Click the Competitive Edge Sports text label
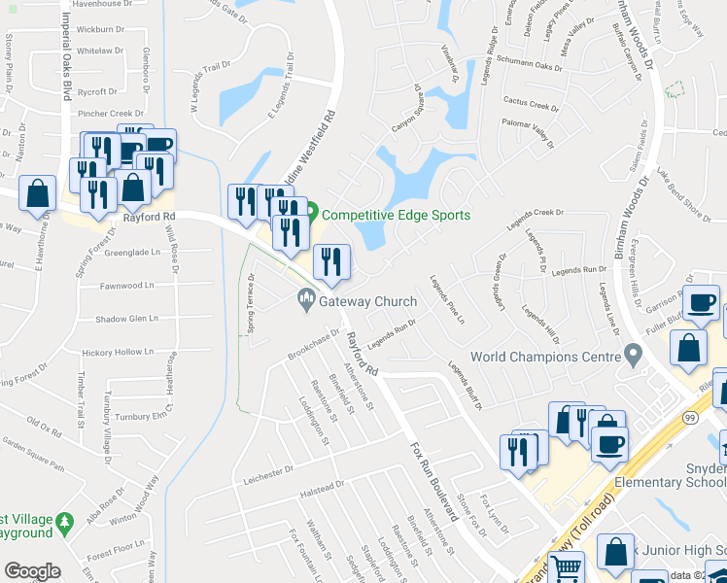pyautogui.click(x=396, y=215)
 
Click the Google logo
pyautogui.click(x=32, y=571)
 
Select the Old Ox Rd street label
pyautogui.click(x=45, y=424)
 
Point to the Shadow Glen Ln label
pyautogui.click(x=126, y=319)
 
